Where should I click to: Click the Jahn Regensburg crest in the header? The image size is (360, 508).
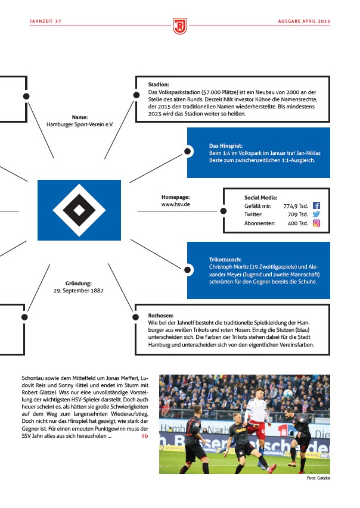[180, 26]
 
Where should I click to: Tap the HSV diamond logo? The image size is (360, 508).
[79, 208]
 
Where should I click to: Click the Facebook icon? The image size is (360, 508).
[316, 205]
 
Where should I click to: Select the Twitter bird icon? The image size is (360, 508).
[316, 214]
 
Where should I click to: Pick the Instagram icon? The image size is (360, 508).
[316, 223]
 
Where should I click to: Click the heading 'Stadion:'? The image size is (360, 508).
[159, 85]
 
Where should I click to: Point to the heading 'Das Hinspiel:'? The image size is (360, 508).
[226, 145]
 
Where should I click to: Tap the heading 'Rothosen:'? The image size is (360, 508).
[161, 315]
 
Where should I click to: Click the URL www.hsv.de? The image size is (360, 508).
[175, 204]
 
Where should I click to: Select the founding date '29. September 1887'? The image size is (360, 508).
[79, 291]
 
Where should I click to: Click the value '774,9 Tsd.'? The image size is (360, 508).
[295, 205]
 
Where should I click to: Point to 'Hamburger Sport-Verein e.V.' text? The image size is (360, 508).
[80, 125]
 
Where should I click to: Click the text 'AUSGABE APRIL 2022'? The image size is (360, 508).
[303, 21]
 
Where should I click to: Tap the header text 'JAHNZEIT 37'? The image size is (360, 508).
[46, 21]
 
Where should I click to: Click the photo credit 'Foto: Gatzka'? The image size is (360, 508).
[318, 478]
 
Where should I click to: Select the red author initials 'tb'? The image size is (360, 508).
[145, 436]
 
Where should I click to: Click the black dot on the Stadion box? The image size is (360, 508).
[136, 96]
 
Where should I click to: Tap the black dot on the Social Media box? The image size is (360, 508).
[224, 211]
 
